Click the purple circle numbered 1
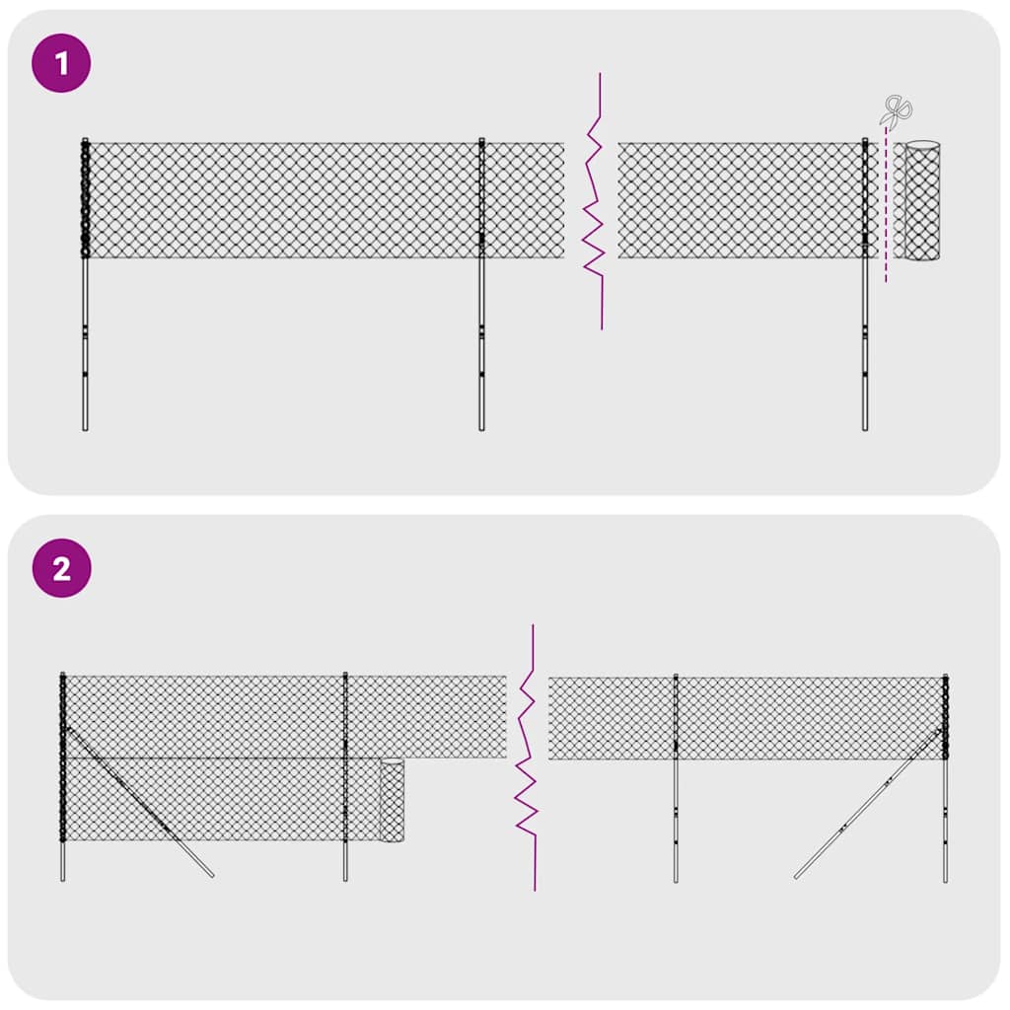(x=61, y=65)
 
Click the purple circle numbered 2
(x=61, y=569)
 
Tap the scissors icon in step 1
(x=897, y=109)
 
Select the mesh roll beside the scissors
(x=922, y=201)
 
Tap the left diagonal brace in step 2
(x=138, y=801)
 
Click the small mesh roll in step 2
(x=393, y=800)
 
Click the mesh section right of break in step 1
(x=740, y=200)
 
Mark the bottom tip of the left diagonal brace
(x=212, y=875)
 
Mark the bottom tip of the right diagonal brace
(x=796, y=876)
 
